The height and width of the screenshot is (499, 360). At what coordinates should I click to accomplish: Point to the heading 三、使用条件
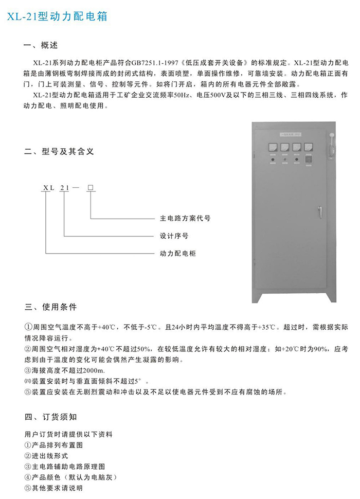(50, 307)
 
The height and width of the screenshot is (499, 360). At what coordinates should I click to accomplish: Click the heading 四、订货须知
(50, 416)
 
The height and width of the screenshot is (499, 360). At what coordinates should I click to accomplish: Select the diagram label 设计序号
(173, 236)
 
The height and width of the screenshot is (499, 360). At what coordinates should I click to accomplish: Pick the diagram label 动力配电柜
(177, 254)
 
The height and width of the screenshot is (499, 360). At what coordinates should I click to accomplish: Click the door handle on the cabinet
(320, 211)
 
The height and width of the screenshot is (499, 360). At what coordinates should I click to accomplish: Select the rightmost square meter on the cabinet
(308, 148)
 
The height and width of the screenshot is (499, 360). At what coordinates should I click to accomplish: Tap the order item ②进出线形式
(46, 456)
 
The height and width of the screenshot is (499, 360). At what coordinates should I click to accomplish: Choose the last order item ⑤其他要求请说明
(53, 488)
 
